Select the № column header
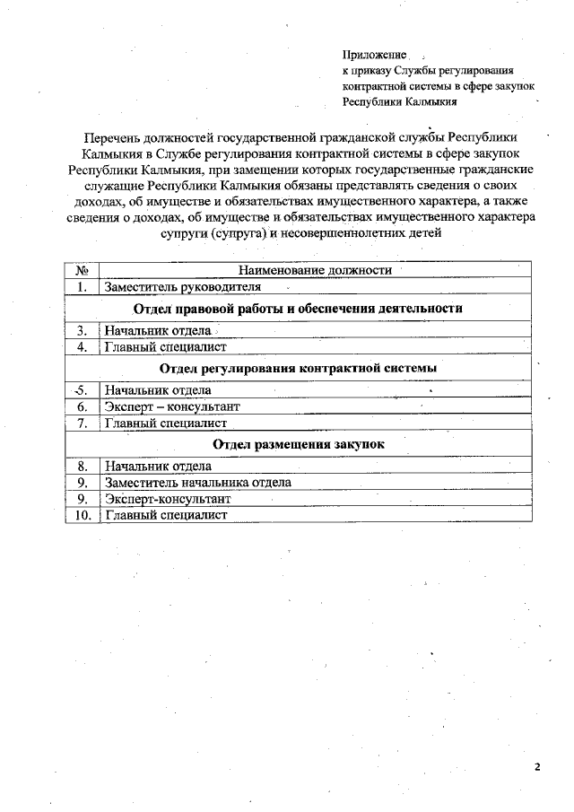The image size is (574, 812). (82, 270)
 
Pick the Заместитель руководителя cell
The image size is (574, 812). (183, 287)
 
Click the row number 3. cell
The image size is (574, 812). (82, 330)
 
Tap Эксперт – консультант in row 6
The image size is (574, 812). (172, 406)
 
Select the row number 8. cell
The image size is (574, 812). (82, 467)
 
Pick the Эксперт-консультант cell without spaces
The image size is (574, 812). (168, 499)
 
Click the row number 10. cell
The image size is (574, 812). (82, 515)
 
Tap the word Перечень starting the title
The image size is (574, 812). (112, 137)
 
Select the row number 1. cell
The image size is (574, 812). (82, 287)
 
